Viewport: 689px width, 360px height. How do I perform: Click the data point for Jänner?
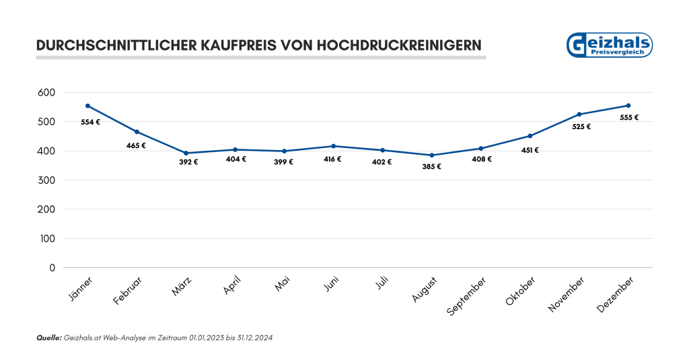click(87, 106)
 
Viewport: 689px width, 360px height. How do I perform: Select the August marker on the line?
click(431, 155)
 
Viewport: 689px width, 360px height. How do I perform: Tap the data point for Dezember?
click(628, 106)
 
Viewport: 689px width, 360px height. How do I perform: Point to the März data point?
click(186, 153)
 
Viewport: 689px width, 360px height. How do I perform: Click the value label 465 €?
click(136, 145)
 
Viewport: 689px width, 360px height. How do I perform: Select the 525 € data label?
click(581, 127)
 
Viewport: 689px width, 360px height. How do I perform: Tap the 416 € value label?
click(332, 159)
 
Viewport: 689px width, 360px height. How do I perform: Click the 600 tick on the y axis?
click(46, 92)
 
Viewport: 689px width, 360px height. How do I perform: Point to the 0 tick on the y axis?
click(52, 268)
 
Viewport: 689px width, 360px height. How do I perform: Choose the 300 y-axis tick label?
click(46, 180)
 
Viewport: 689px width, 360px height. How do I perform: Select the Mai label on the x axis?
click(282, 287)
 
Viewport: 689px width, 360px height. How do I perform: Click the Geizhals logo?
click(610, 45)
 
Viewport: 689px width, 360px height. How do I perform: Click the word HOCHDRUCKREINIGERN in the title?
click(398, 46)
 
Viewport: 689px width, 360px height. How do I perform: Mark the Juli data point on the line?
click(382, 150)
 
